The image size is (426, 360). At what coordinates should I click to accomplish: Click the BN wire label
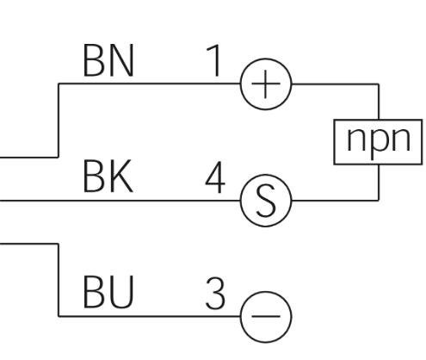(108, 60)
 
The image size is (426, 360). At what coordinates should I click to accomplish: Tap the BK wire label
(108, 177)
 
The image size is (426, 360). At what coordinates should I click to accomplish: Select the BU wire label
(108, 292)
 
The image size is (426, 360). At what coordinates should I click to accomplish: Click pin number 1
(214, 60)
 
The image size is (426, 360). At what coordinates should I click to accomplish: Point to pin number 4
(215, 177)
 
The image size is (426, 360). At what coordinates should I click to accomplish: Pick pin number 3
(215, 293)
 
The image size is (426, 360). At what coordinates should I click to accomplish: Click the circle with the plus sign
(266, 59)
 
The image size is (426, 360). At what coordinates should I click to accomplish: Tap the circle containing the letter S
(266, 175)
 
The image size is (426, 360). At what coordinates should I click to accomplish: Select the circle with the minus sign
(266, 291)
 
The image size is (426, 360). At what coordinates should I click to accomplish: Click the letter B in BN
(93, 60)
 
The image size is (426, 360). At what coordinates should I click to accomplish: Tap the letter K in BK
(121, 177)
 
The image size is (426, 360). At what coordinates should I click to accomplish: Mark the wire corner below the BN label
(59, 84)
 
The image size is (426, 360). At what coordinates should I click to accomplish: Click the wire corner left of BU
(59, 316)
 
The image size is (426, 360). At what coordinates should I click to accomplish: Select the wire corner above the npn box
(379, 84)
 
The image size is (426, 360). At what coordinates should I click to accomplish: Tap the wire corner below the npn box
(379, 200)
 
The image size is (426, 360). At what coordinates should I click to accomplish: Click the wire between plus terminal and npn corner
(335, 84)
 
